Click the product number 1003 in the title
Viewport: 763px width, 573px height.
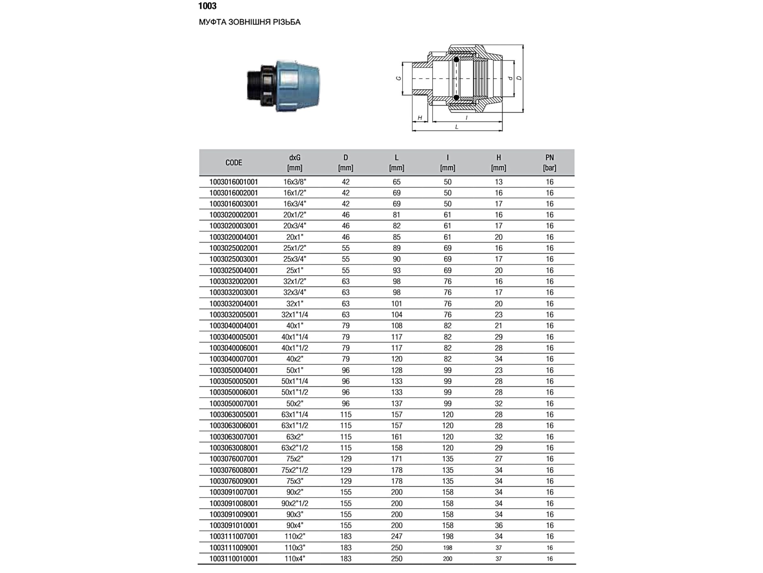207,6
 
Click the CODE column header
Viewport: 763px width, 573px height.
234,163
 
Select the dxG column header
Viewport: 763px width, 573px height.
295,158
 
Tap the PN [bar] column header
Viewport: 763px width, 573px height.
549,163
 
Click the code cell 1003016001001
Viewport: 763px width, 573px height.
234,182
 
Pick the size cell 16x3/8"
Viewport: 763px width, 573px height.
295,182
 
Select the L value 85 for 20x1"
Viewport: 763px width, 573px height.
396,237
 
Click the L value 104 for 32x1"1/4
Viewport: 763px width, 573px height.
396,315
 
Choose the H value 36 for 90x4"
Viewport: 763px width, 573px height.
498,525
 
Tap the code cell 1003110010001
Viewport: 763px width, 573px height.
234,558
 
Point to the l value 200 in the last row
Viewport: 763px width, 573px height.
447,558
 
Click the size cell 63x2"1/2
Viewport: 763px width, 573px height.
295,448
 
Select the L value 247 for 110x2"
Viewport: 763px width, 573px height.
396,536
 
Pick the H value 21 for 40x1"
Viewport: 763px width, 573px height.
498,326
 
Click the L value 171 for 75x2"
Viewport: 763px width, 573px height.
396,459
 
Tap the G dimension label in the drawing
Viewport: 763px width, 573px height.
399,78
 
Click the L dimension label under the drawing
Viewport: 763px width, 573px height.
457,127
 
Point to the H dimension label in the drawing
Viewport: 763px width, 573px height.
420,118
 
